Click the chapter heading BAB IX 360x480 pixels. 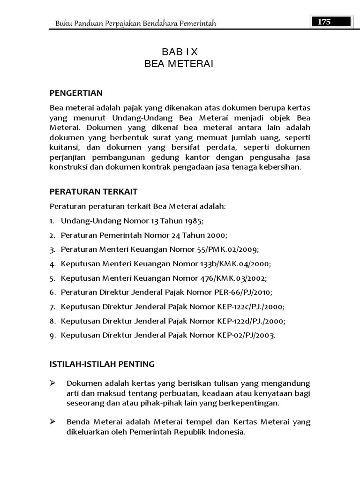tap(179, 52)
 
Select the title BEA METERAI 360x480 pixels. tap(179, 64)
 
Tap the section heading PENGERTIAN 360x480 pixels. tap(76, 93)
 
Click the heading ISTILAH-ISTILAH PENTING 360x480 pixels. tap(102, 363)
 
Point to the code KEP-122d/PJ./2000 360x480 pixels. tap(251, 321)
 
